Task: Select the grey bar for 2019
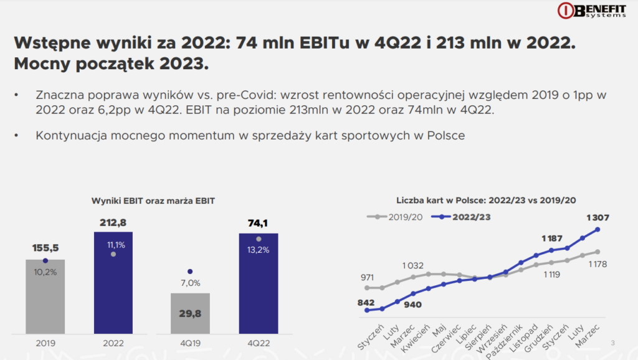[45, 296]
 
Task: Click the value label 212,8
[113, 222]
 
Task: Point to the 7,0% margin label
[190, 283]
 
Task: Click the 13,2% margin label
[259, 250]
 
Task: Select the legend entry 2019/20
[397, 217]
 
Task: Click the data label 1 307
[598, 218]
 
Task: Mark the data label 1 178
[597, 264]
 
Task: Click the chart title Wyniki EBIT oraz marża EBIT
[153, 200]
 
